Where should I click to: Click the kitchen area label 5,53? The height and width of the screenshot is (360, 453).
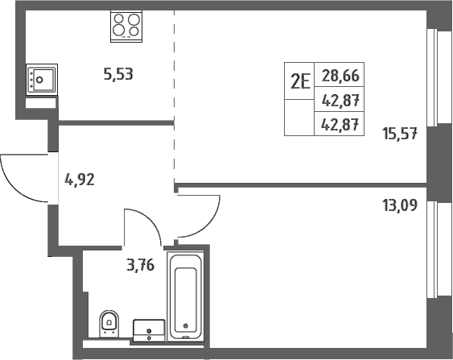(118, 74)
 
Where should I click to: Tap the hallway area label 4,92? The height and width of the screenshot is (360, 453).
(80, 180)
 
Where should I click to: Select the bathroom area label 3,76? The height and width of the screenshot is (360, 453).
(141, 265)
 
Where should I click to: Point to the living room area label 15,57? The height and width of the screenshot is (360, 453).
(400, 134)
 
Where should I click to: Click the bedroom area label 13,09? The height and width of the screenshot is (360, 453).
(400, 205)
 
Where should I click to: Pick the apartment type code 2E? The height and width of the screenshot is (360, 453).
(300, 81)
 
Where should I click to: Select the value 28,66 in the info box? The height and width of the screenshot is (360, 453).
(340, 76)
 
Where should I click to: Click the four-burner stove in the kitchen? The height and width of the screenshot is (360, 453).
(126, 27)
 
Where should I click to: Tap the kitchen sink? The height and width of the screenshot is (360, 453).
(42, 80)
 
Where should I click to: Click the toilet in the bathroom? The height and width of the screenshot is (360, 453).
(109, 324)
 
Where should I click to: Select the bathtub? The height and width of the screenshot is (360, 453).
(186, 296)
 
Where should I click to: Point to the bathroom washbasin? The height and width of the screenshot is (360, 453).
(149, 330)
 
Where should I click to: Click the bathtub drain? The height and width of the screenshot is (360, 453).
(186, 326)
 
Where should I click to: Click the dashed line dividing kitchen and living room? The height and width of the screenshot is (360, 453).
(175, 97)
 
